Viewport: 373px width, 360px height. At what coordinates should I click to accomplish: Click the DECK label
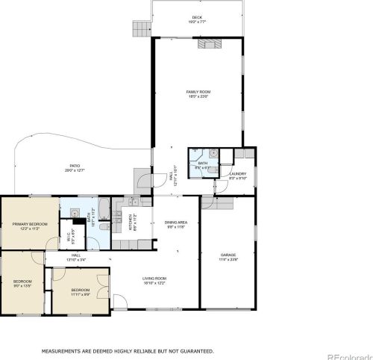coord(197,17)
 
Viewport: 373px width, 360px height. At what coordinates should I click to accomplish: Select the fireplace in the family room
coord(207,43)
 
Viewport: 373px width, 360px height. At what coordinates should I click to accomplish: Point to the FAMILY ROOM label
coord(197,92)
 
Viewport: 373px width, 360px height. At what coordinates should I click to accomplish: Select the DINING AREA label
coord(175,223)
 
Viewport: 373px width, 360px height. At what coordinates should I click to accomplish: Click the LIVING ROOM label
coord(154,279)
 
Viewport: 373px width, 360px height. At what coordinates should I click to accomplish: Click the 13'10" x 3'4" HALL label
coord(76,256)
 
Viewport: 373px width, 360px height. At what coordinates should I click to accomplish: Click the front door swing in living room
coord(119,303)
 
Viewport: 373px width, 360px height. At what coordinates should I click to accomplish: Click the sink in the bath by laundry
coord(213,154)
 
